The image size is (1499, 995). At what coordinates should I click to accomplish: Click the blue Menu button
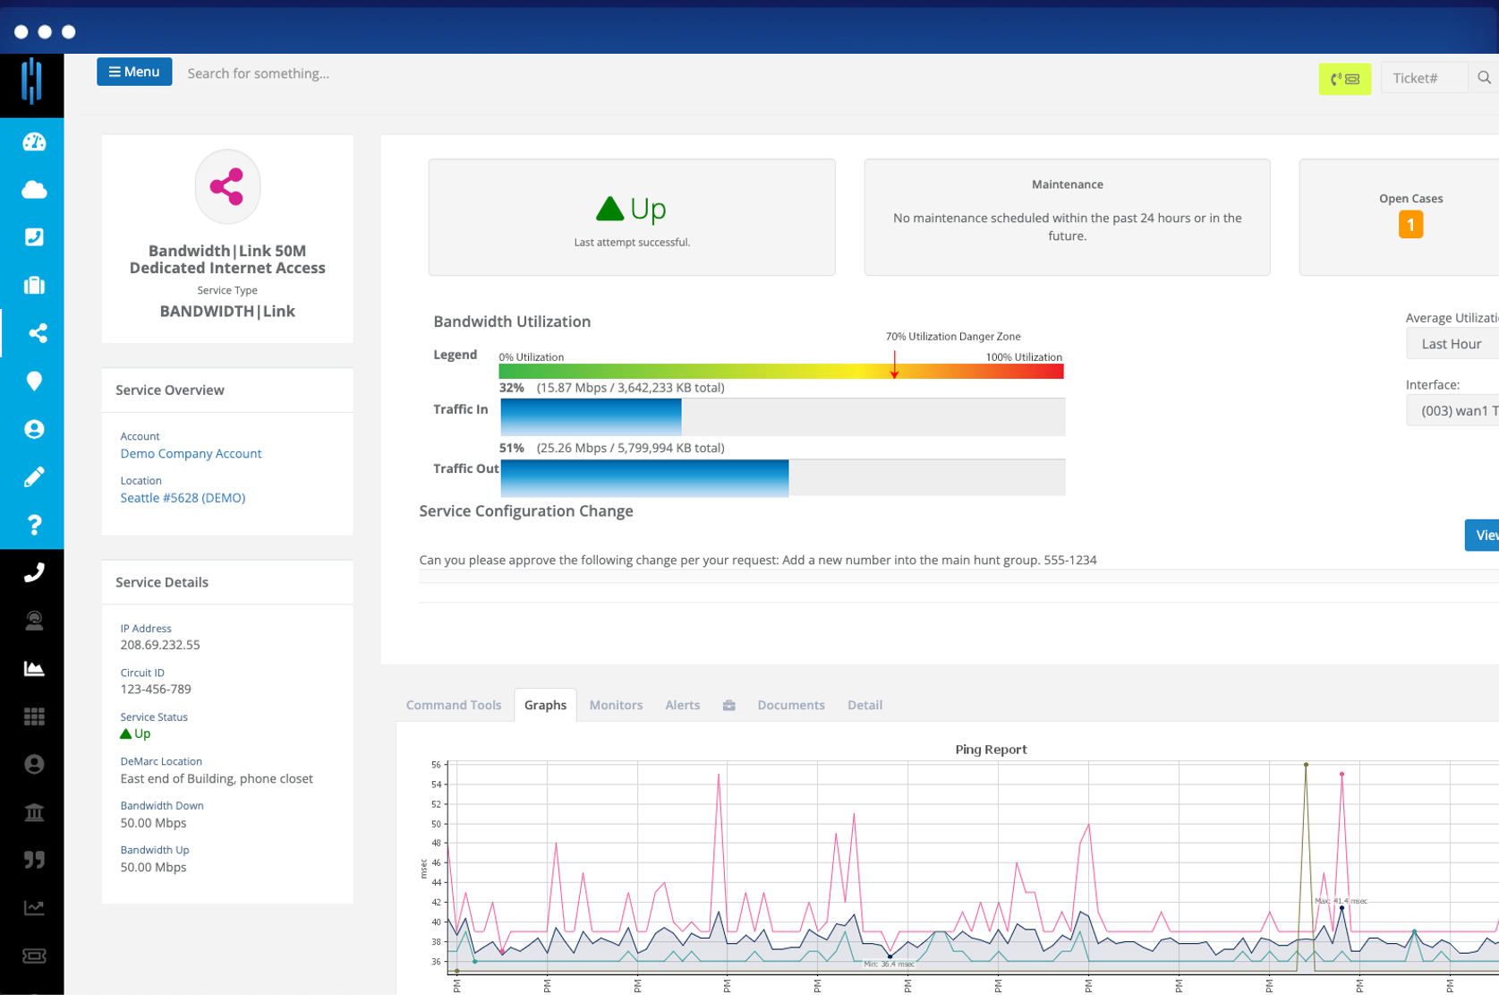pos(134,72)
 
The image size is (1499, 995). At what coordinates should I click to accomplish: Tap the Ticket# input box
pos(1424,78)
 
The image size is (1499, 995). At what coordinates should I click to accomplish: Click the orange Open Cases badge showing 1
pos(1410,225)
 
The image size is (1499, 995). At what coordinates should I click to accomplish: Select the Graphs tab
pos(545,705)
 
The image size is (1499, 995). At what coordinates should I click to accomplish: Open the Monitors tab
pos(616,705)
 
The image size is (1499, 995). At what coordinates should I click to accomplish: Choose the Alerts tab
pos(682,705)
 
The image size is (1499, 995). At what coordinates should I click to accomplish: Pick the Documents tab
pos(790,705)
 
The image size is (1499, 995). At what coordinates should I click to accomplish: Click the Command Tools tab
pos(454,705)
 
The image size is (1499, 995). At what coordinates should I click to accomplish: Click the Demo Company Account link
pos(191,453)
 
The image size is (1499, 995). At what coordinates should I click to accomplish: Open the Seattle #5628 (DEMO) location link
pos(183,498)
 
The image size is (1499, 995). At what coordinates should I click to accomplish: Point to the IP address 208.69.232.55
pos(160,645)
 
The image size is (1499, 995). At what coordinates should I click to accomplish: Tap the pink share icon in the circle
pos(227,186)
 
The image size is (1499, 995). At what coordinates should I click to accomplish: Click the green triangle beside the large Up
pos(609,209)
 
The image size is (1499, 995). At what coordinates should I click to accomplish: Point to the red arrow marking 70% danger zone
pos(894,365)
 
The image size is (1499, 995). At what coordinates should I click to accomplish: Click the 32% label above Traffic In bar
pos(511,388)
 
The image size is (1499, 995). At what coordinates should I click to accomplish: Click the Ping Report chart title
pos(991,750)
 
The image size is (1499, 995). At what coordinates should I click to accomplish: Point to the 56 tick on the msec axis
pos(436,765)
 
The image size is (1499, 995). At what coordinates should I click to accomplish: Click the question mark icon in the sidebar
pos(34,525)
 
